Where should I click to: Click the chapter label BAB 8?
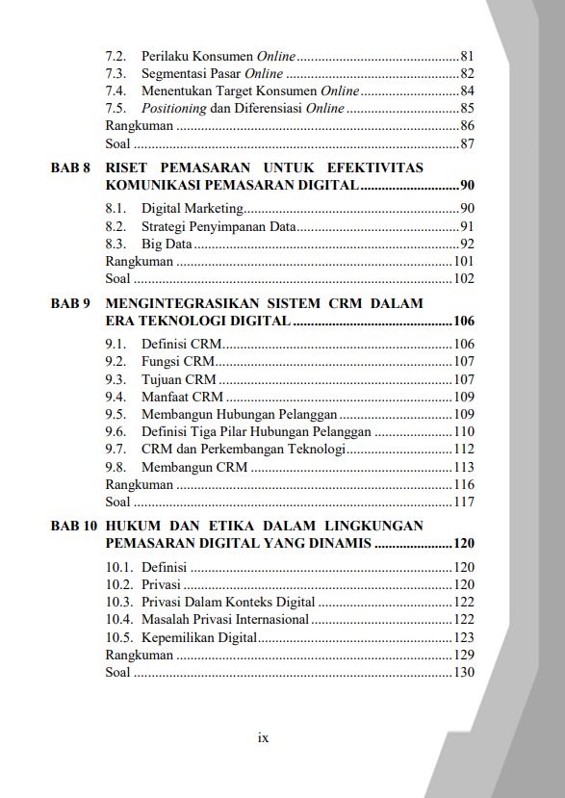pos(70,167)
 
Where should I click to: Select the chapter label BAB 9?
pos(70,303)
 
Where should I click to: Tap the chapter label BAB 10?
pos(74,526)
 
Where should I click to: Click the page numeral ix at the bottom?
pos(263,738)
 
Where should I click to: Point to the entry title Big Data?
pos(166,244)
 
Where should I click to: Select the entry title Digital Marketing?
pos(192,208)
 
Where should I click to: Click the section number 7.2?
pos(116,56)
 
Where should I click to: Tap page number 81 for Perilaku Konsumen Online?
pos(467,56)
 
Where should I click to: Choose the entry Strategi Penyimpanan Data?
pos(218,226)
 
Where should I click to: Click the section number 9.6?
pos(116,431)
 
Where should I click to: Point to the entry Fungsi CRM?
pos(177,361)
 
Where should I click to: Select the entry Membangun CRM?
pos(193,467)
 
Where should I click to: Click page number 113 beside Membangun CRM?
pos(464,467)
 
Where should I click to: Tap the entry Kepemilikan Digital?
pos(198,637)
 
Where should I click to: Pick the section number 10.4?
pos(119,619)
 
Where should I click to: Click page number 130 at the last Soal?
pos(464,672)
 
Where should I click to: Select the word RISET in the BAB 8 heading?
pos(126,167)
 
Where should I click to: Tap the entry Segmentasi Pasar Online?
pos(212,73)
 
